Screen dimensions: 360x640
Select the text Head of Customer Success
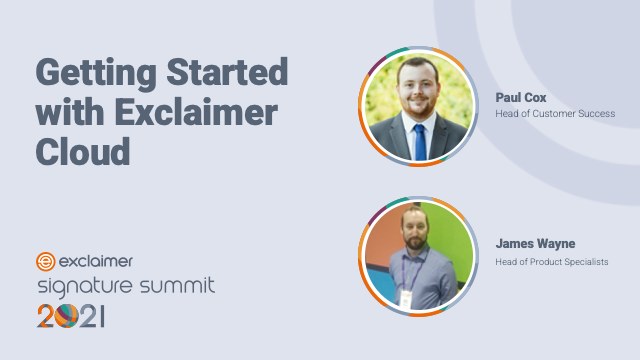pos(555,114)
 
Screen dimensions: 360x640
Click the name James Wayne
pos(535,243)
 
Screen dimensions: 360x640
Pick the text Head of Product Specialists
pos(552,262)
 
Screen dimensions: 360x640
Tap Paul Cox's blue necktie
pos(420,140)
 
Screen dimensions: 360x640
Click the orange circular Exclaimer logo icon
pos(45,262)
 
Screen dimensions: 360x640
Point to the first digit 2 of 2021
pos(46,317)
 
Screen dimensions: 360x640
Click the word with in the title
pos(70,112)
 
